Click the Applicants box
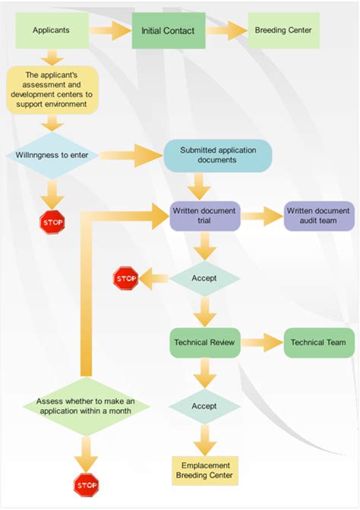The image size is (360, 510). tap(52, 31)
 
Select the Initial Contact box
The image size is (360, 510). tap(168, 31)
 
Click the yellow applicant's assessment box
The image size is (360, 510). tap(52, 90)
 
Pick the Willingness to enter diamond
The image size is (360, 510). tap(52, 156)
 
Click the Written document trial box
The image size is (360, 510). tap(204, 216)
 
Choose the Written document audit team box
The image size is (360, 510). tap(318, 216)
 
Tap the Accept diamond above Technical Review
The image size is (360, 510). tap(204, 279)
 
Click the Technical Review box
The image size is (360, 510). tap(204, 342)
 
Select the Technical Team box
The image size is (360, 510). tap(317, 342)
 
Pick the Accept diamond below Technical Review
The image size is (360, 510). tap(204, 406)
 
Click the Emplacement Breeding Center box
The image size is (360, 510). tap(204, 471)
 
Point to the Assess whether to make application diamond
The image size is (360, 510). tap(85, 405)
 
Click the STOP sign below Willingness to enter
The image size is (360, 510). tap(52, 222)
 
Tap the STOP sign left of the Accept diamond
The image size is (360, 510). tap(125, 279)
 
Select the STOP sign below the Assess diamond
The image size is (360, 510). tap(85, 483)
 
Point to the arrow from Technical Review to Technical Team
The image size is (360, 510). tap(261, 342)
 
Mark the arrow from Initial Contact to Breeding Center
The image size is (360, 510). tap(225, 31)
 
